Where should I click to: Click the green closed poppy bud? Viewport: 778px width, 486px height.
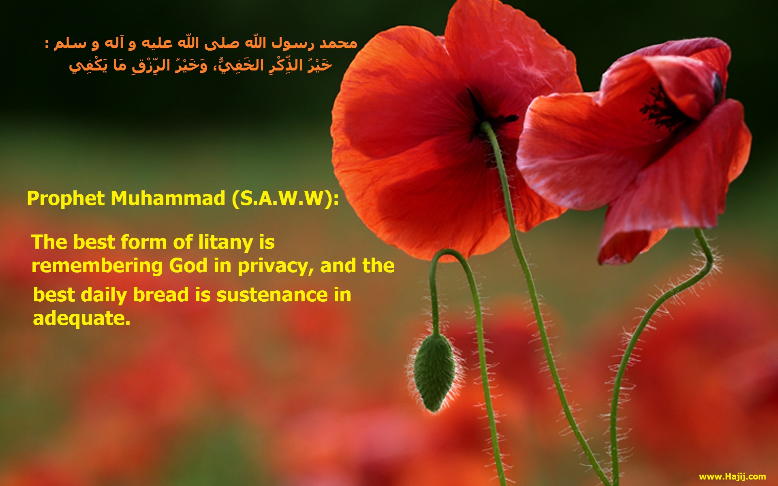tap(434, 372)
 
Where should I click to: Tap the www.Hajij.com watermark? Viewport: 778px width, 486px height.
tap(732, 476)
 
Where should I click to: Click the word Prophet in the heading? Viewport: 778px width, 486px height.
tap(66, 199)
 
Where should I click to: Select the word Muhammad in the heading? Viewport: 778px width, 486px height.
tap(168, 198)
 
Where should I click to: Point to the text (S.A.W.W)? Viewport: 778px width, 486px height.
tap(285, 198)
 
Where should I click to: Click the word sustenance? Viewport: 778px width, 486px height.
tap(272, 295)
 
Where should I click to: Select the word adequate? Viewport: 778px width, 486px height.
tap(81, 318)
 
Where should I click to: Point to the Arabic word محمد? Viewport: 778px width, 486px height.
tap(338, 43)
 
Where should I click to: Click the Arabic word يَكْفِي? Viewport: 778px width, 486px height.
tap(85, 65)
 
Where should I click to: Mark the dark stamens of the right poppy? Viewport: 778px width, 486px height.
tap(660, 107)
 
